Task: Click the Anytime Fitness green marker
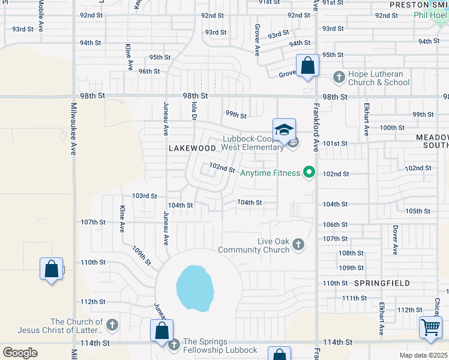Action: tap(309, 173)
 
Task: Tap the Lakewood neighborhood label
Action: tap(192, 148)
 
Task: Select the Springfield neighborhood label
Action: tap(382, 283)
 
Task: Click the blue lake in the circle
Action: tap(195, 288)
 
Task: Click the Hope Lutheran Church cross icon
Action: tap(339, 77)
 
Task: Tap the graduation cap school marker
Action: tap(284, 130)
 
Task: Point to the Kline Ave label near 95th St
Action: tap(128, 56)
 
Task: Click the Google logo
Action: tap(20, 353)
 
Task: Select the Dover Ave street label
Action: tap(395, 239)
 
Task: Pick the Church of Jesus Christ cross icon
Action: tap(112, 326)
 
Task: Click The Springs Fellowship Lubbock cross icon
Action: tap(174, 344)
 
